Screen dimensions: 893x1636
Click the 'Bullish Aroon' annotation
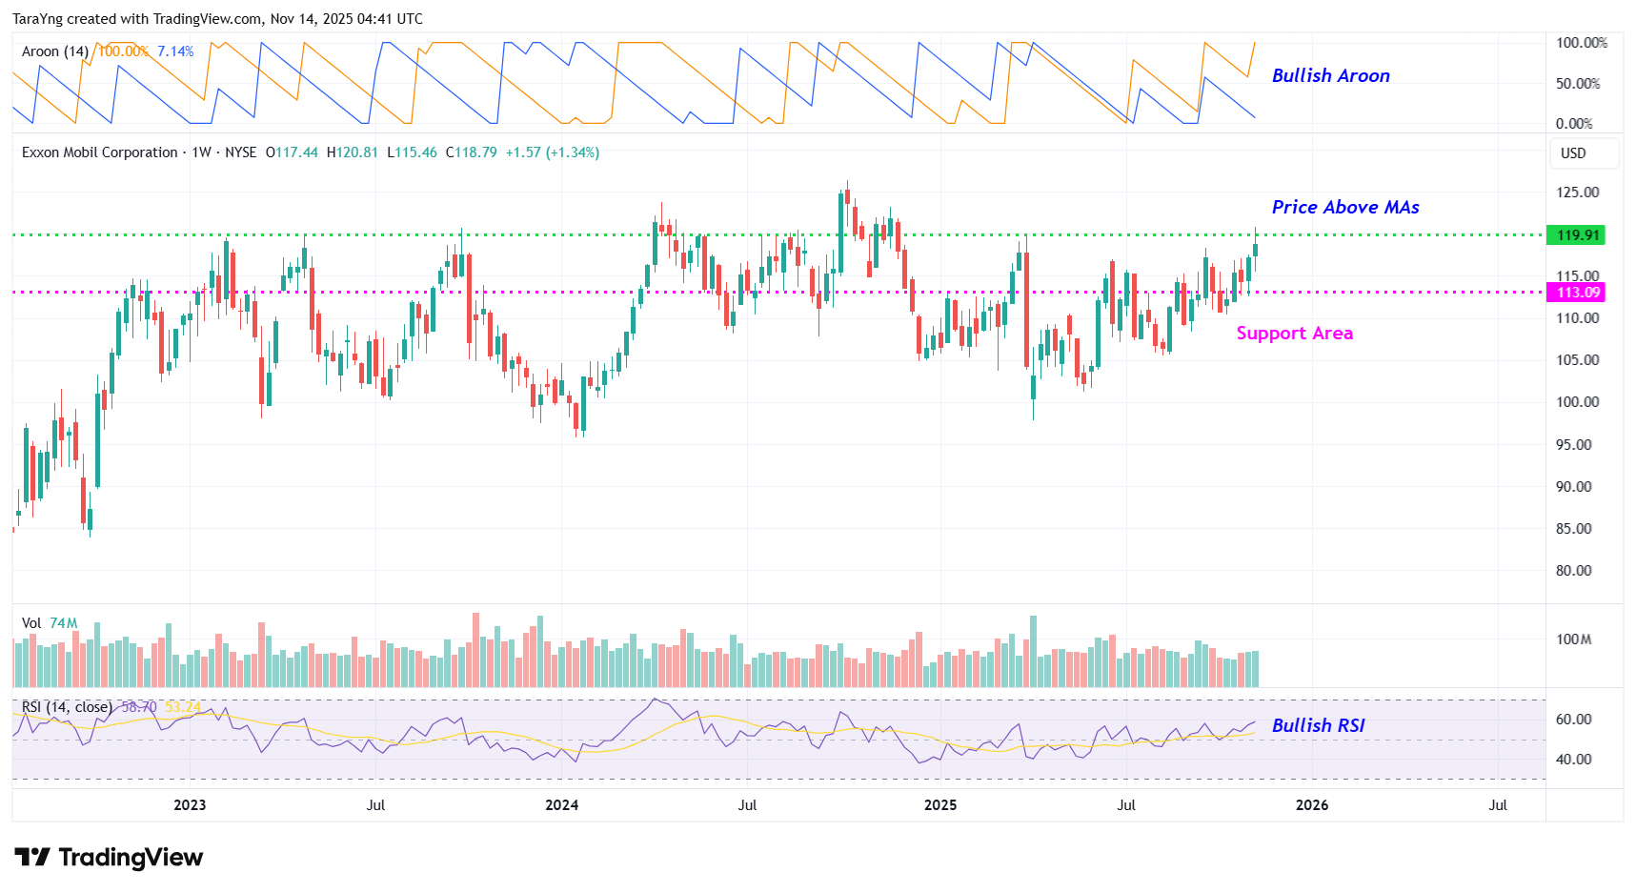(x=1330, y=75)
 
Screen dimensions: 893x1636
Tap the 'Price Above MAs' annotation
(x=1345, y=207)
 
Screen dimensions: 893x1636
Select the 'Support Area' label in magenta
(x=1294, y=333)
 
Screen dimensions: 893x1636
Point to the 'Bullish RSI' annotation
(x=1318, y=725)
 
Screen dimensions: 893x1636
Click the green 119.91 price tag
(x=1577, y=234)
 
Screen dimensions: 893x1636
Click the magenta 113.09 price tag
(x=1577, y=293)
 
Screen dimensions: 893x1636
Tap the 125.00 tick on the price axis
(x=1577, y=193)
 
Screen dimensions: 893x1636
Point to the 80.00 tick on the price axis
(x=1573, y=571)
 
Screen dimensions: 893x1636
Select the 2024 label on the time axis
(x=561, y=805)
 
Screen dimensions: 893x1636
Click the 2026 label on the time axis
(x=1312, y=805)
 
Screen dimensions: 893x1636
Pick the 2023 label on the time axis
(x=190, y=805)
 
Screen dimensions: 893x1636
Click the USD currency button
(x=1573, y=153)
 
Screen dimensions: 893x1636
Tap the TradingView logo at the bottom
(x=109, y=858)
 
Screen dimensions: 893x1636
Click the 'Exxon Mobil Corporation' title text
(x=100, y=152)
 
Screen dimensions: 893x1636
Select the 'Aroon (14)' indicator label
(x=55, y=51)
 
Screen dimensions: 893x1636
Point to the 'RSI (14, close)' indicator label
(x=67, y=707)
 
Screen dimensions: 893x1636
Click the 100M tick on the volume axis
(x=1573, y=639)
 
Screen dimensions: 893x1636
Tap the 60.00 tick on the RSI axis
(x=1573, y=720)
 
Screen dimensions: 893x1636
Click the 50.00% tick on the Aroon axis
(x=1577, y=84)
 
